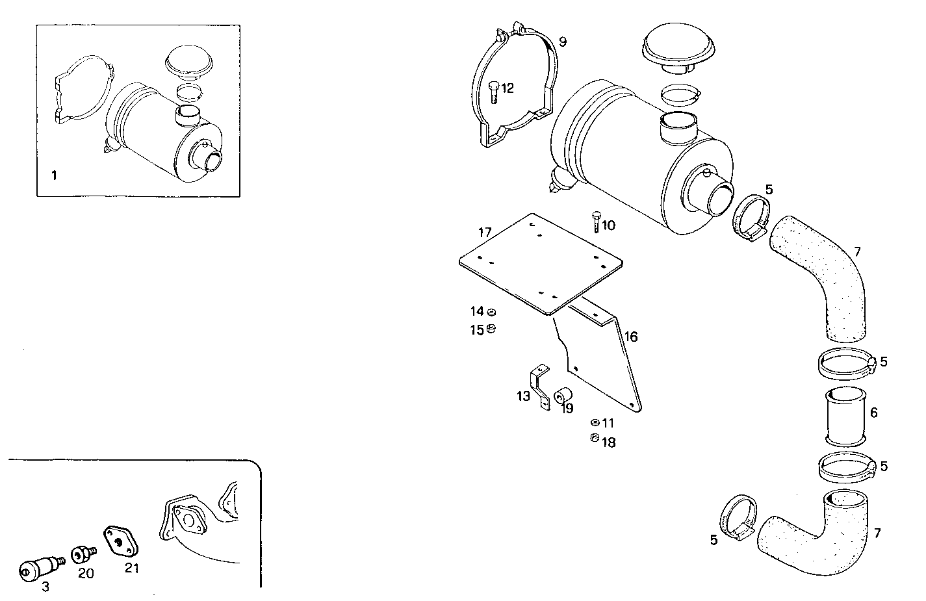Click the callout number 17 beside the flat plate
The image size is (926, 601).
coord(485,232)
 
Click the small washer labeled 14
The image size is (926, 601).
coord(491,313)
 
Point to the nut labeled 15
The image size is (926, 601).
coord(491,329)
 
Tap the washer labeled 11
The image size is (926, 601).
coord(595,422)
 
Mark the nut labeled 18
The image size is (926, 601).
coord(594,439)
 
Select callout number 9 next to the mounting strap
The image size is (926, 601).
coord(562,42)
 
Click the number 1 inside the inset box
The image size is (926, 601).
coord(55,175)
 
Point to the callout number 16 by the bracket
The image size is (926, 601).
coord(631,337)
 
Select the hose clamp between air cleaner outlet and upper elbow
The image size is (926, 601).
coord(751,216)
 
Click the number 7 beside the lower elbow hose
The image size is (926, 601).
coord(877,533)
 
